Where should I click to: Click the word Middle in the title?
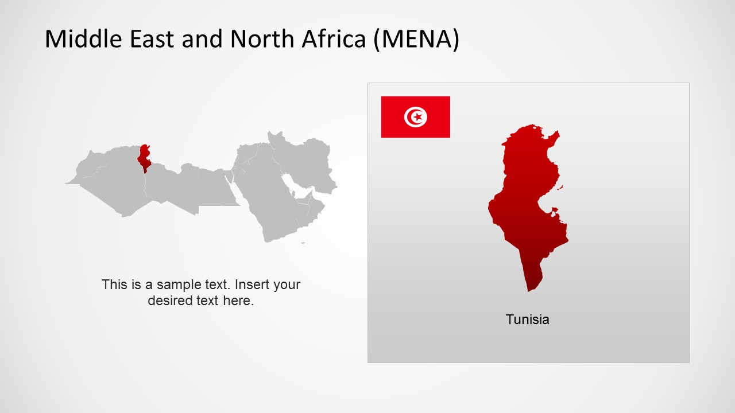[x=83, y=38]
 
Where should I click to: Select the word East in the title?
[x=152, y=38]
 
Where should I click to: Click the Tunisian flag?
[x=415, y=117]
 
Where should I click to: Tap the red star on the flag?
[x=417, y=117]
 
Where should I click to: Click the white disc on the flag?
[x=415, y=117]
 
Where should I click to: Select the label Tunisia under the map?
[x=527, y=320]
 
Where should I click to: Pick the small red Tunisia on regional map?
[x=144, y=158]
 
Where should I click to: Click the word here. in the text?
[x=238, y=301]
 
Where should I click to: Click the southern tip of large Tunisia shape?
[x=528, y=291]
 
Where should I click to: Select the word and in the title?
[x=202, y=38]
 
